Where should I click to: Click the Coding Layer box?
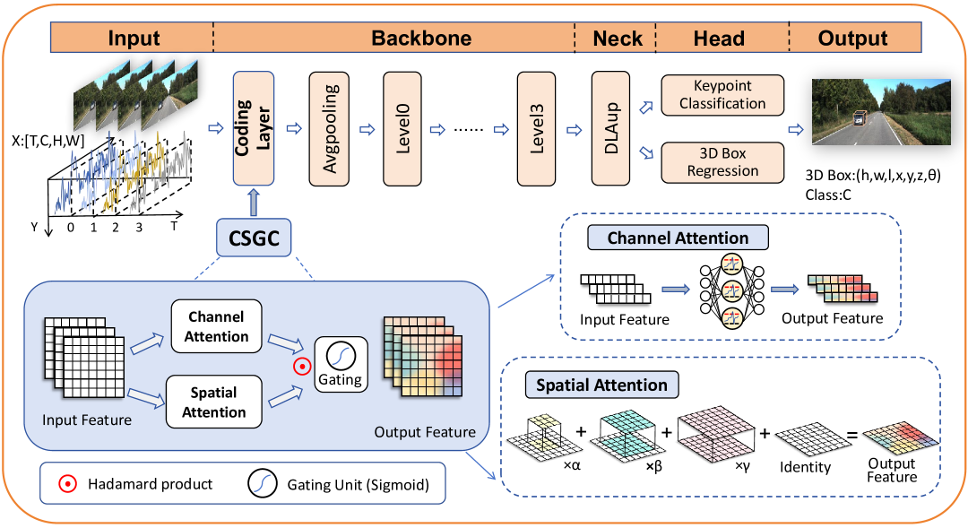254,128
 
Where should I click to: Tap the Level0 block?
402,128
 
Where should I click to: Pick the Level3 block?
538,128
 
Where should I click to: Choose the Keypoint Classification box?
722,94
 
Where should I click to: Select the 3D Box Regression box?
722,161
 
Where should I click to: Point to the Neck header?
617,39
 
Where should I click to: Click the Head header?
719,39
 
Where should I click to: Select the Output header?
852,39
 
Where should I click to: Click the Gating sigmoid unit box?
341,363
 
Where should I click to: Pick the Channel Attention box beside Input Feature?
217,326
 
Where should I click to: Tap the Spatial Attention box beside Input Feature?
214,402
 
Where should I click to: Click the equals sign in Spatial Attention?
854,437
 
